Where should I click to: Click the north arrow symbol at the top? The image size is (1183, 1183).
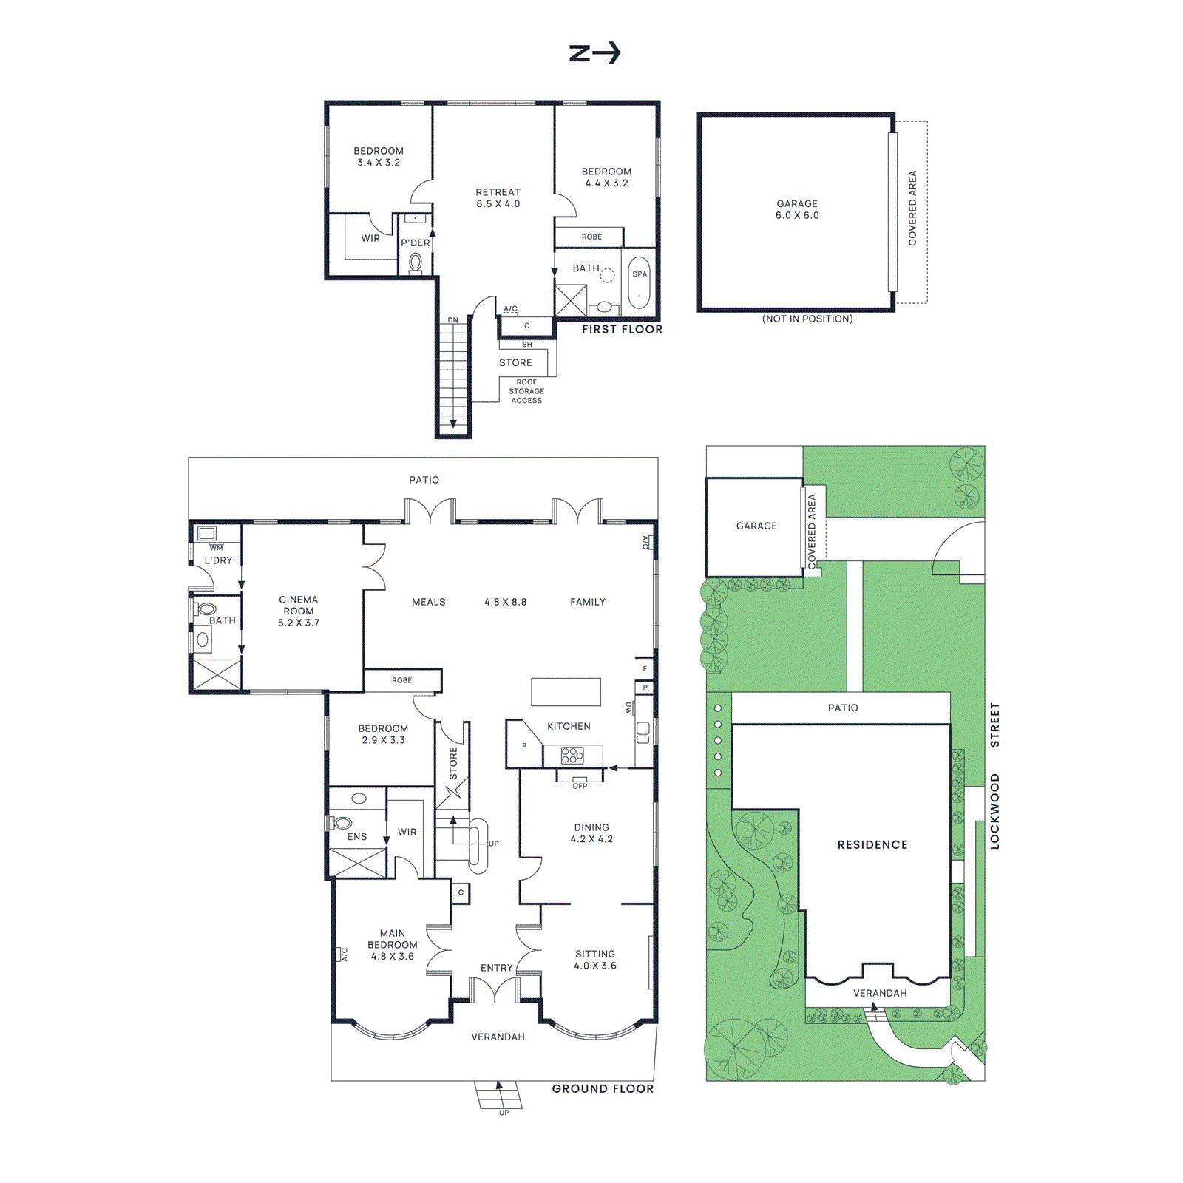click(x=594, y=53)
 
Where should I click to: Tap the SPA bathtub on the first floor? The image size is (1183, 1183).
click(x=639, y=282)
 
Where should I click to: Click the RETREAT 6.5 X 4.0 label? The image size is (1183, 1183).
click(x=498, y=198)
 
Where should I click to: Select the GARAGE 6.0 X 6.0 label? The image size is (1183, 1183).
click(x=797, y=209)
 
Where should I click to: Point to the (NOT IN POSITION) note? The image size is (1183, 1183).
click(x=807, y=319)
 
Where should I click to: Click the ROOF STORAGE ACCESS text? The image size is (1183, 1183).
click(x=526, y=391)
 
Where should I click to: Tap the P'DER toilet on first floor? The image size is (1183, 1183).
click(x=416, y=262)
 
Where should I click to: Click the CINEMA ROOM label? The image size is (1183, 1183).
click(x=299, y=611)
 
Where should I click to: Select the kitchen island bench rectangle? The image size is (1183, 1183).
click(x=566, y=692)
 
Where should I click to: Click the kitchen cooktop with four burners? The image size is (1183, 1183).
click(x=572, y=756)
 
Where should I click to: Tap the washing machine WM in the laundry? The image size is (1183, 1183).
click(x=207, y=533)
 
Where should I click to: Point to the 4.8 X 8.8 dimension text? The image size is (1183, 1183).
click(x=506, y=602)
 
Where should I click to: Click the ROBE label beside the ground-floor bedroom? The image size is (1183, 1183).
click(x=402, y=680)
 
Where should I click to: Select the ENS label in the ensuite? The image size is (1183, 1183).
click(x=357, y=837)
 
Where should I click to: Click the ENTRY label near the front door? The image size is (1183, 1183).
click(x=496, y=968)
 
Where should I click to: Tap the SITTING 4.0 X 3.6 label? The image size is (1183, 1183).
click(x=595, y=960)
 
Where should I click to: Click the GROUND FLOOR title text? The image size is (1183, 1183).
click(x=603, y=1088)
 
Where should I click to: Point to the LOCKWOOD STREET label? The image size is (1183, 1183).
click(x=994, y=776)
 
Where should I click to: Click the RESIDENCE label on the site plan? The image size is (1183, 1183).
click(x=872, y=844)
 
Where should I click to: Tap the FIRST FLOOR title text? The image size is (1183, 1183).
click(x=622, y=329)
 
